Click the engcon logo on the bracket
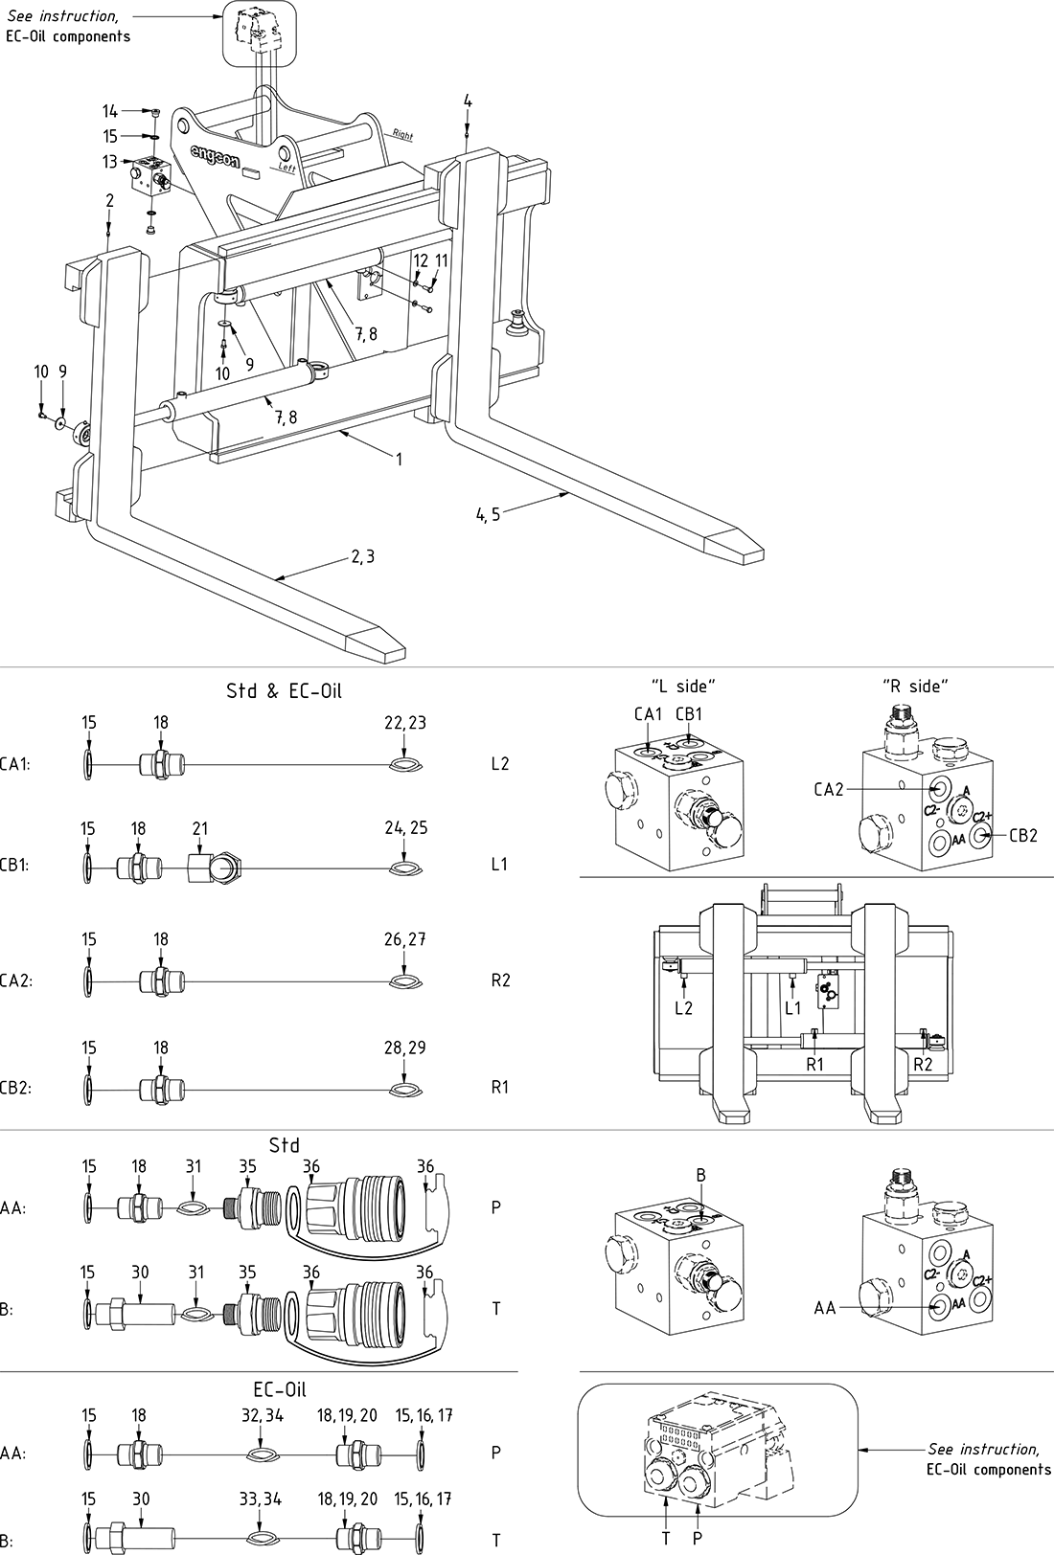coord(215,154)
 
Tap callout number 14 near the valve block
coord(110,111)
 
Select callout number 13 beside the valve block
coord(110,162)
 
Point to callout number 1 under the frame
coord(399,460)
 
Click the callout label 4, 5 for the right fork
coord(488,515)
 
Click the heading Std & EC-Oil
coord(284,690)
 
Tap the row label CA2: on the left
coord(16,980)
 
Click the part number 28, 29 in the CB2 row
coord(404,1048)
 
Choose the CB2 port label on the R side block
coord(1023,835)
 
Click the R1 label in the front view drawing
coord(814,1063)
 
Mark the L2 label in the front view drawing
coord(683,1007)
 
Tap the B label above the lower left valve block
coord(700,1174)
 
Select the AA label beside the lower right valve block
coord(825,1308)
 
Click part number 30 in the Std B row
coord(140,1273)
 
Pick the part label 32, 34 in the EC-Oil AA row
coord(262,1416)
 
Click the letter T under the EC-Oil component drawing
coord(666,1538)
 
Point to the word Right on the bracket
coord(402,135)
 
